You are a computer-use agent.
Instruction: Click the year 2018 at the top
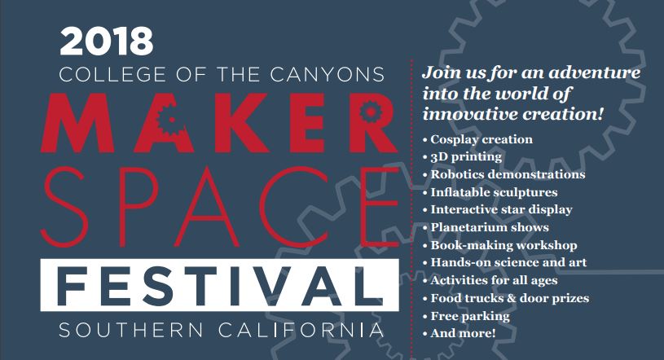[106, 42]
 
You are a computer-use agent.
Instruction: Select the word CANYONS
[328, 75]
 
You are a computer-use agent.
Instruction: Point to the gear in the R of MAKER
[370, 111]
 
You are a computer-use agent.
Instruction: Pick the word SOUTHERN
[131, 331]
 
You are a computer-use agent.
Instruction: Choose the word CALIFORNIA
[301, 331]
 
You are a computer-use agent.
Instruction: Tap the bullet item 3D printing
[463, 157]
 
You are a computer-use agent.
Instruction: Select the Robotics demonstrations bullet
[504, 174]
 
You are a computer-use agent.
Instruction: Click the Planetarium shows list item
[486, 227]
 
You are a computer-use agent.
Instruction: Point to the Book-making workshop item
[500, 245]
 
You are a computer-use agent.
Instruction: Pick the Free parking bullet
[466, 316]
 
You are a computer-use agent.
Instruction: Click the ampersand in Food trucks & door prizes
[512, 298]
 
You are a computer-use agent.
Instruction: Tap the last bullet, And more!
[459, 333]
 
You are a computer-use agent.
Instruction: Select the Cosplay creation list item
[477, 139]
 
